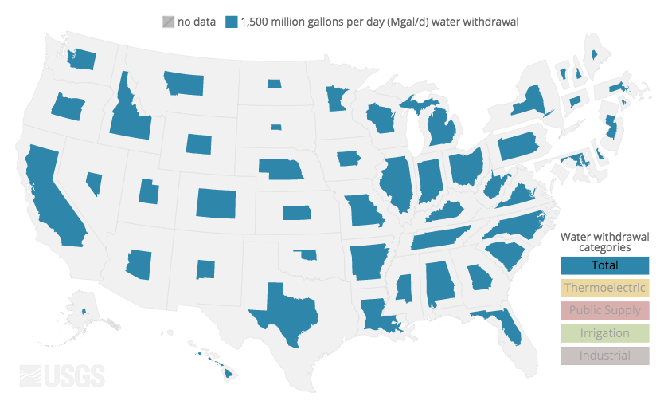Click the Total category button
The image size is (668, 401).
pyautogui.click(x=604, y=265)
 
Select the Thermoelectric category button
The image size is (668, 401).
pyautogui.click(x=604, y=288)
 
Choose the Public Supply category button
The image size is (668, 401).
pyautogui.click(x=604, y=310)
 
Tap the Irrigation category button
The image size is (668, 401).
pyautogui.click(x=604, y=333)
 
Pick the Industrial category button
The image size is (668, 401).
pyautogui.click(x=604, y=356)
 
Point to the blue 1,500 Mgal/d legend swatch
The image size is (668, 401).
pyautogui.click(x=232, y=22)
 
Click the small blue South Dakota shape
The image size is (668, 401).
pyautogui.click(x=276, y=127)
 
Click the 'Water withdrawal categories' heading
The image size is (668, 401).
pyautogui.click(x=604, y=242)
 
